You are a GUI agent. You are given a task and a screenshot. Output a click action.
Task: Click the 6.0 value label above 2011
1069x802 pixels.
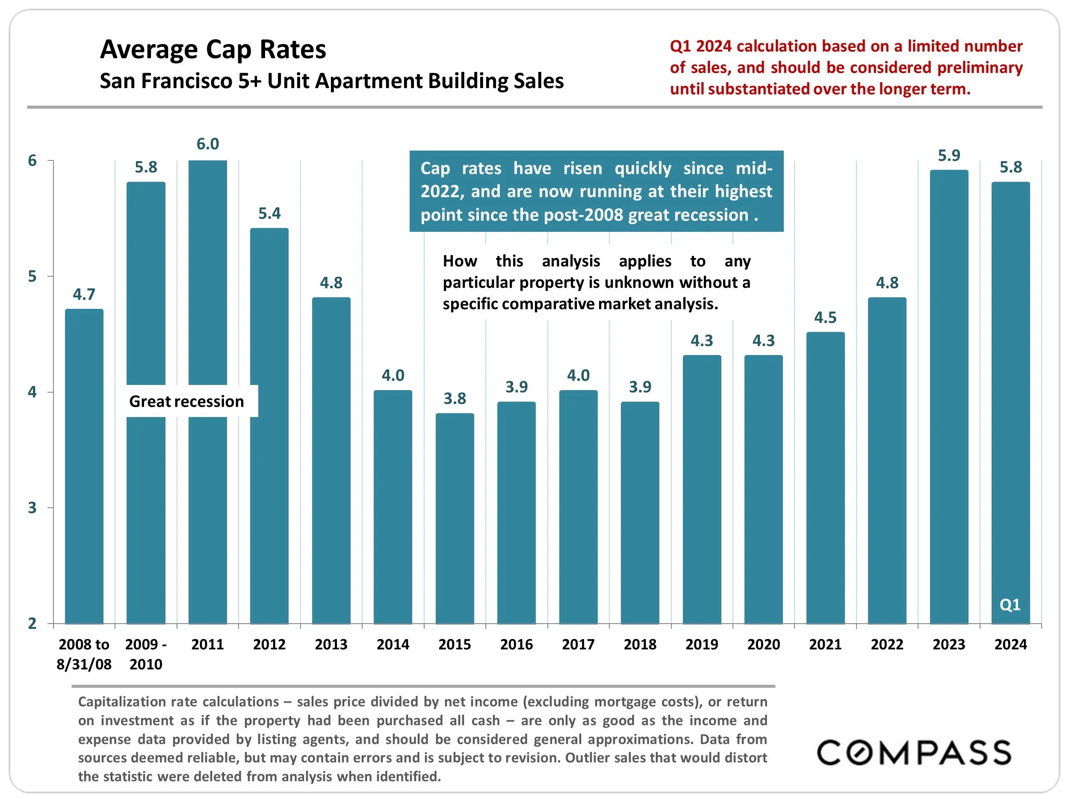coord(207,144)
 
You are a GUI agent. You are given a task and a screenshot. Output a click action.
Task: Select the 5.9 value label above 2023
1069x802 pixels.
coord(949,156)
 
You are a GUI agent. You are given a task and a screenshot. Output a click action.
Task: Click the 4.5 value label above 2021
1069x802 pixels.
coord(825,318)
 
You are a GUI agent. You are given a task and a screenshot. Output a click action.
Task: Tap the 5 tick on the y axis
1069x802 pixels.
coord(32,276)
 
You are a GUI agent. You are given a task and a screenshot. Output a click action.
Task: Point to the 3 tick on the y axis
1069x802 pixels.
coord(32,508)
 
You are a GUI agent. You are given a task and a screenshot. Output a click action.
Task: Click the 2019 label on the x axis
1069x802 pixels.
coord(702,645)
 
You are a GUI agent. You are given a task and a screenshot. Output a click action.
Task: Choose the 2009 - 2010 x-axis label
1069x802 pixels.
coord(146,654)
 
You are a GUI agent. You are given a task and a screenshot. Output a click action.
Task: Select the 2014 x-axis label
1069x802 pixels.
coord(393,645)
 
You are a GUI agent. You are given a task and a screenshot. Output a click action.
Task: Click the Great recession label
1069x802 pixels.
coord(186,401)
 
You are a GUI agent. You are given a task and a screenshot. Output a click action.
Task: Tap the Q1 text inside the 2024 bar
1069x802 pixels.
coord(1010,605)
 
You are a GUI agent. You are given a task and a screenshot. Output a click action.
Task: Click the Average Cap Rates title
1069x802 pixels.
coord(213,49)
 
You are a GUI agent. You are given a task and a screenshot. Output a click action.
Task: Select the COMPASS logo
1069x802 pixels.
coord(914,752)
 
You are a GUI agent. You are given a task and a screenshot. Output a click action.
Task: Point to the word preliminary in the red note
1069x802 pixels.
coord(980,68)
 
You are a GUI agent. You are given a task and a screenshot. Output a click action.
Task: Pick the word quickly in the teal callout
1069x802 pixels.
coord(643,168)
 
